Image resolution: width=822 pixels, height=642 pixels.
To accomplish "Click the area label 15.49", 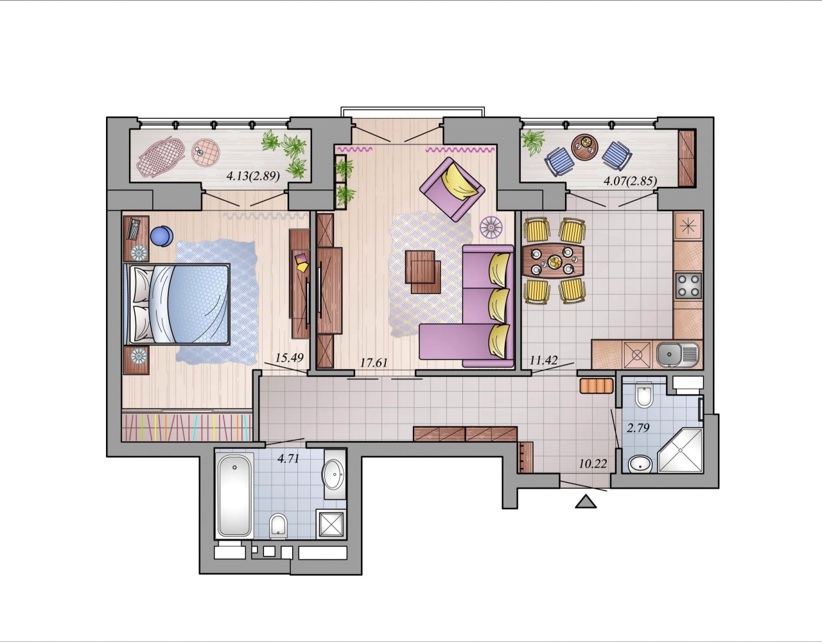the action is [290, 358].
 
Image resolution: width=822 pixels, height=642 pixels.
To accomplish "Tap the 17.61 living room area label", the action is [374, 363].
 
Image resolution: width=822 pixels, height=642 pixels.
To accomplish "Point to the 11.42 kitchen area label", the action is [543, 360].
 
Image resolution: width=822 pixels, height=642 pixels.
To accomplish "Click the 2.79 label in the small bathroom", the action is [638, 428].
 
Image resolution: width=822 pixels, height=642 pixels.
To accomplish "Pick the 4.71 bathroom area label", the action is [288, 458].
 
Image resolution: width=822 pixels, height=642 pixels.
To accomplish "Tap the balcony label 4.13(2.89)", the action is [253, 176].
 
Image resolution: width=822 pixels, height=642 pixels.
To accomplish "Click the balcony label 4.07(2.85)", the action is [630, 181].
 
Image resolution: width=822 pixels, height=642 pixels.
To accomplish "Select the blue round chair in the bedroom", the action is [162, 236].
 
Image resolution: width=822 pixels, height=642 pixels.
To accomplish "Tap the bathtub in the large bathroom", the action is [234, 495].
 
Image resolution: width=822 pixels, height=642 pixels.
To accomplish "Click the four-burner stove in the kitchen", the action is [688, 286].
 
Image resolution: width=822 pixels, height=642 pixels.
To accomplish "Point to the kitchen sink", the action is [678, 354].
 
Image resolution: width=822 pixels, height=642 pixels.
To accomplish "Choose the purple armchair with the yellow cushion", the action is [452, 189].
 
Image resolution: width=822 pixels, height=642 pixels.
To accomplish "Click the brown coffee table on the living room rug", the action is [423, 272].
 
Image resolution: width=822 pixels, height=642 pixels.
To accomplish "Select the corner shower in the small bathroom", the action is [680, 450].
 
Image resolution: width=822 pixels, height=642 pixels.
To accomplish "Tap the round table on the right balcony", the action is [584, 148].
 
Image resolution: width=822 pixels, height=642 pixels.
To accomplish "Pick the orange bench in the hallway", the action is [597, 386].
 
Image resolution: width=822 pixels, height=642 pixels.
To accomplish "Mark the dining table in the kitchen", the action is [553, 261].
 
